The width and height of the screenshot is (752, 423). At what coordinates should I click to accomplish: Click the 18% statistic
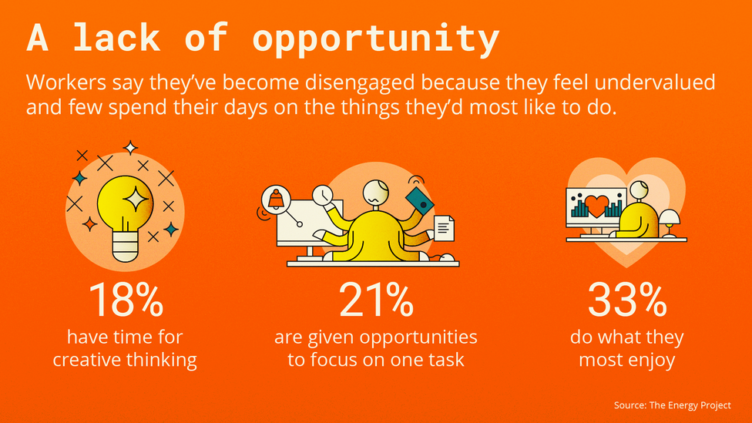click(126, 300)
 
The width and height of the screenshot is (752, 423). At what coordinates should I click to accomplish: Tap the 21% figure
click(376, 300)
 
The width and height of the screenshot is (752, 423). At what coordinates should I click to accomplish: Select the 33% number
click(627, 300)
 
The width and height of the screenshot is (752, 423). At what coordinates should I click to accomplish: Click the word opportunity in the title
click(375, 39)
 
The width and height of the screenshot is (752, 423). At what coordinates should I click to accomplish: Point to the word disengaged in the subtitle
click(359, 83)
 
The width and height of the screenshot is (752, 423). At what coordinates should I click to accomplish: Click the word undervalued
click(655, 82)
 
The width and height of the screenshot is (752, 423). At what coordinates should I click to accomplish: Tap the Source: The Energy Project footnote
click(673, 405)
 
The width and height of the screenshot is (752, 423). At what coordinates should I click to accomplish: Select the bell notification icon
click(276, 199)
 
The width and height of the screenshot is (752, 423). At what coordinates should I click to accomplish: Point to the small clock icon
click(322, 195)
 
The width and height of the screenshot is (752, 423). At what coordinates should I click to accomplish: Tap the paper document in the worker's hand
click(444, 228)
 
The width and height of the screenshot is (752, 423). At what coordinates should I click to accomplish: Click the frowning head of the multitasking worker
click(376, 193)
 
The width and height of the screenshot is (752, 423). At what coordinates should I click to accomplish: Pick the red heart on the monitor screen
click(596, 205)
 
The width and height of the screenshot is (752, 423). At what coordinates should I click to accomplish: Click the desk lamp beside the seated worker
click(670, 223)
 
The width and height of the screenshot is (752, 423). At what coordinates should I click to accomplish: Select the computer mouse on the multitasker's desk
click(447, 258)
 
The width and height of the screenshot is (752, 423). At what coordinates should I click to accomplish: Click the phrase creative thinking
click(125, 360)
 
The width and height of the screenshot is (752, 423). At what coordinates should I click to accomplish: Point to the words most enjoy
click(627, 360)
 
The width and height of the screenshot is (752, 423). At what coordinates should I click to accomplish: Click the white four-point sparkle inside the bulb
click(136, 198)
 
